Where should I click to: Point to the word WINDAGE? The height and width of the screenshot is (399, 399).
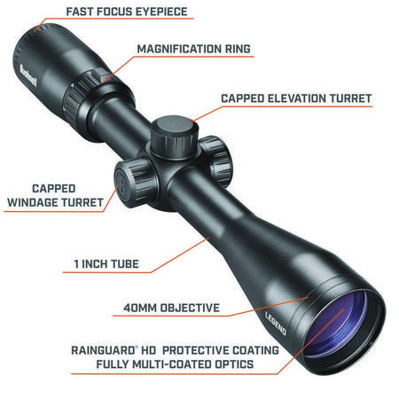point(33,202)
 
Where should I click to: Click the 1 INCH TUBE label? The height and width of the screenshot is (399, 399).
point(106,264)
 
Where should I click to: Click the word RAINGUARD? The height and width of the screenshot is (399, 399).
point(103,350)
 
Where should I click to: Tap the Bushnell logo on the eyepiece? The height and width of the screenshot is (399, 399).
point(28,76)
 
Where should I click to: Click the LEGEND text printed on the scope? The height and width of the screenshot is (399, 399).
point(276,324)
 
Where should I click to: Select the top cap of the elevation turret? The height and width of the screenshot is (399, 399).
point(175,127)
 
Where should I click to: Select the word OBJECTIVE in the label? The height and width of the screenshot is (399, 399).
point(190,308)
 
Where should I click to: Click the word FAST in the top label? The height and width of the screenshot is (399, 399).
point(80,12)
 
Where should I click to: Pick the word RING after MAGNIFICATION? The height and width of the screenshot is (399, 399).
point(239,49)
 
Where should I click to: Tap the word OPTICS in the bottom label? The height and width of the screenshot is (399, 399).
point(234,364)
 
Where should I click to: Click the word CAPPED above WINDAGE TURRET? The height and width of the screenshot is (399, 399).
point(54,189)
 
